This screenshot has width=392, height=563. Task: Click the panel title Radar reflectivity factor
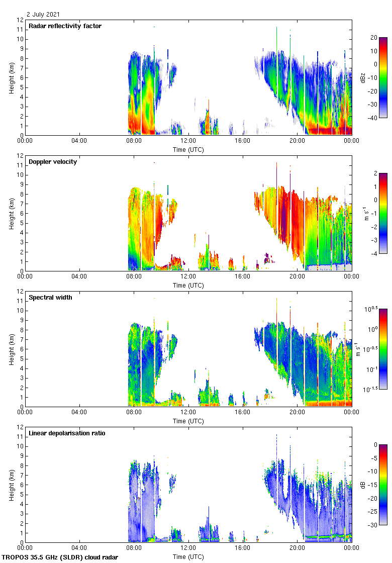[x=65, y=26]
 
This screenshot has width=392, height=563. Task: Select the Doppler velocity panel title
[x=53, y=162]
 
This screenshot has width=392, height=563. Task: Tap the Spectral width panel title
[x=50, y=298]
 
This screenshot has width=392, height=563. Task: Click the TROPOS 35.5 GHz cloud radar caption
[x=60, y=557]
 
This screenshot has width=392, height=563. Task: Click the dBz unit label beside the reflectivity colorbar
[x=362, y=77]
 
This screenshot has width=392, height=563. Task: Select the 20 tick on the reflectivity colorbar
[x=374, y=38]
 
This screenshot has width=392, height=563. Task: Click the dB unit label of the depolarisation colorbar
[x=362, y=485]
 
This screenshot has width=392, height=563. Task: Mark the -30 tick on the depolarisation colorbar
[x=374, y=525]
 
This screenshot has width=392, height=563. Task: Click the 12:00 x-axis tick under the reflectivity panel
[x=188, y=141]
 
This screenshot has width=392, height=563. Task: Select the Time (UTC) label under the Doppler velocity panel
[x=188, y=285]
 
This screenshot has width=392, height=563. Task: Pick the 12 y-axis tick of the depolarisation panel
[x=20, y=427]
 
